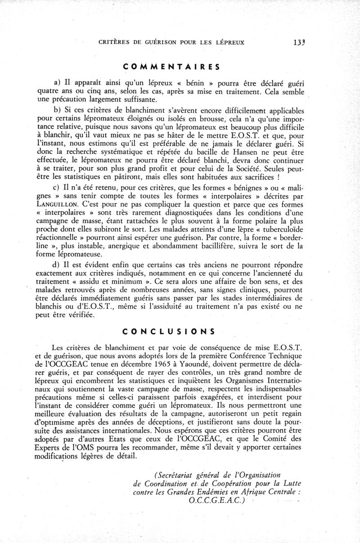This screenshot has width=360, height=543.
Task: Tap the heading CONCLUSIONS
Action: pos(168,331)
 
